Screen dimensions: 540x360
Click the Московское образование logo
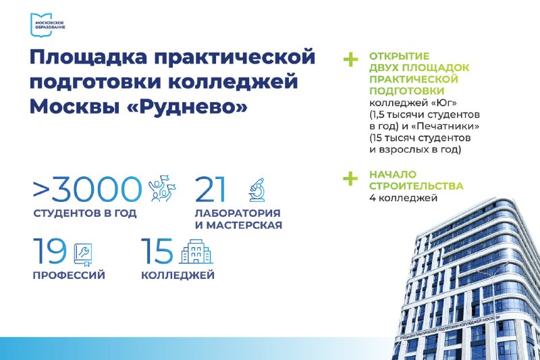[x=47, y=25]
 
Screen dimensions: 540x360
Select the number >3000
[x=87, y=189]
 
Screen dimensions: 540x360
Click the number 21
[x=210, y=189]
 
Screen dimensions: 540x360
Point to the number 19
[x=49, y=251]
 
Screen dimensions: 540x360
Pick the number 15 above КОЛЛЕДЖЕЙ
[x=157, y=251]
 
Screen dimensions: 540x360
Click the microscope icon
[x=257, y=190]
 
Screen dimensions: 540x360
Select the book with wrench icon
[x=83, y=254]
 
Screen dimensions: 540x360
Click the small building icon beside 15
[x=196, y=251]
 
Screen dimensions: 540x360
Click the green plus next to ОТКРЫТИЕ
[x=350, y=59]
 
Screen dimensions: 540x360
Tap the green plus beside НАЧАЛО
[x=350, y=178]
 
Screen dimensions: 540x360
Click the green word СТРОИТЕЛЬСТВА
[x=416, y=186]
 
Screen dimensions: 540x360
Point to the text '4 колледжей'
[x=403, y=198]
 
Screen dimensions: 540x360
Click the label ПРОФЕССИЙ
[x=69, y=276]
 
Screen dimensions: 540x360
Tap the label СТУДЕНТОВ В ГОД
[x=85, y=213]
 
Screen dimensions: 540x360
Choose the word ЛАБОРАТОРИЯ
[x=238, y=213]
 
